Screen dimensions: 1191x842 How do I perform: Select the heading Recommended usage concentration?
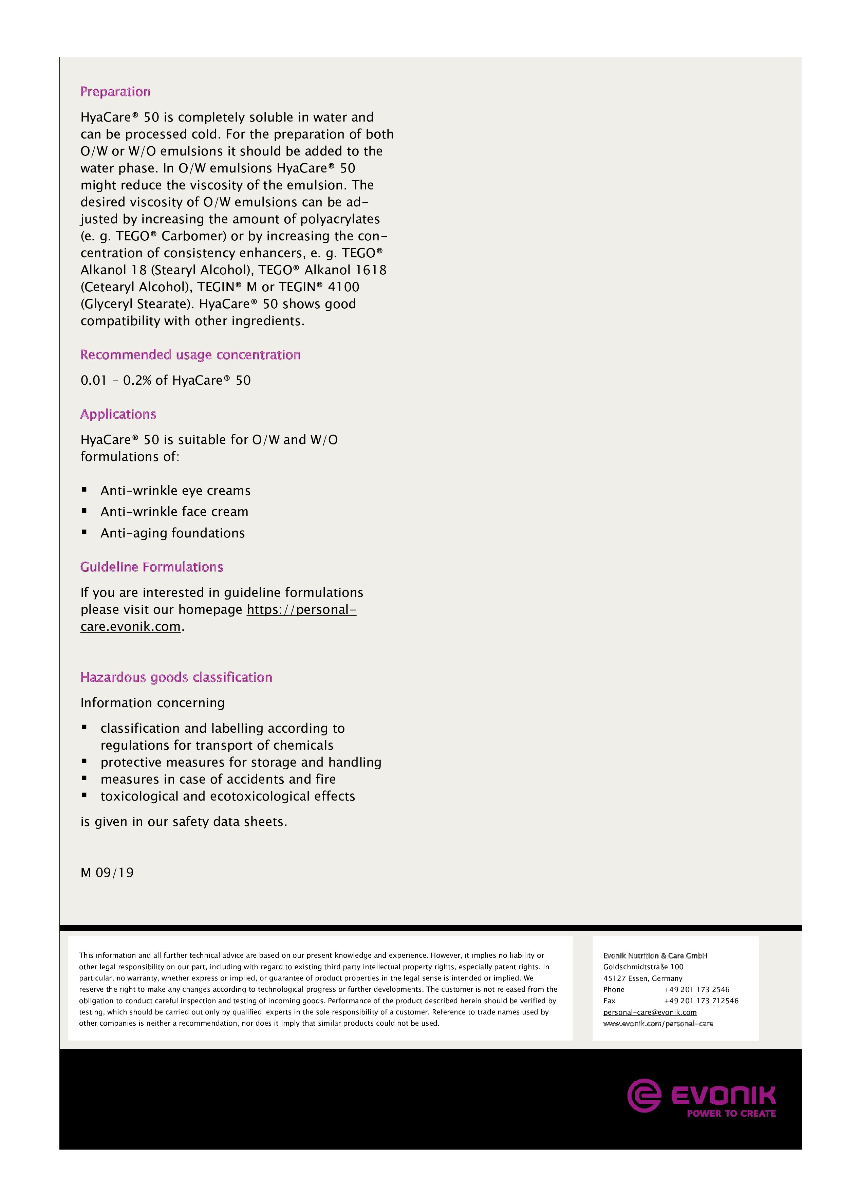pos(190,355)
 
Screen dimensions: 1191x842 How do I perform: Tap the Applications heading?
pos(118,414)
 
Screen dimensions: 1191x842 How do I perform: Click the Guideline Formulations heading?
pos(151,567)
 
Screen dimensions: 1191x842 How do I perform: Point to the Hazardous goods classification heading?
pos(176,677)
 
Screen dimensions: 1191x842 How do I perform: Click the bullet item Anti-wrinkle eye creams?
pos(175,491)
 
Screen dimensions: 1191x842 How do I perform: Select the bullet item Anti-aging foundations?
pos(173,533)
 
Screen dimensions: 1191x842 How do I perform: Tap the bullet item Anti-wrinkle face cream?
pos(174,512)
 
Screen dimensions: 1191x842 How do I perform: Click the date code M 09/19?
pos(107,873)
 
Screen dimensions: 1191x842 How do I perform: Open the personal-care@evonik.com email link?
pos(650,1012)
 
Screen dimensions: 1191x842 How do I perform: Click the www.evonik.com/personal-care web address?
pos(658,1023)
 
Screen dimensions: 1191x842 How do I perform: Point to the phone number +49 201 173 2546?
pos(696,989)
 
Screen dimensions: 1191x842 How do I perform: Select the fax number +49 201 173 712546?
pos(701,1001)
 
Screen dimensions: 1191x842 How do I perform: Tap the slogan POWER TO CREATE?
pos(731,1113)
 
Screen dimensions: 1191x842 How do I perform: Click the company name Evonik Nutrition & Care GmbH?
pos(655,955)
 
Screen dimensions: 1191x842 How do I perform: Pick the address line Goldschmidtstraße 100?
pos(643,967)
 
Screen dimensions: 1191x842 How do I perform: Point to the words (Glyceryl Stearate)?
pos(137,304)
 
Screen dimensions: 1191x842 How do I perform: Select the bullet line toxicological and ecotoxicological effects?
pos(228,796)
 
